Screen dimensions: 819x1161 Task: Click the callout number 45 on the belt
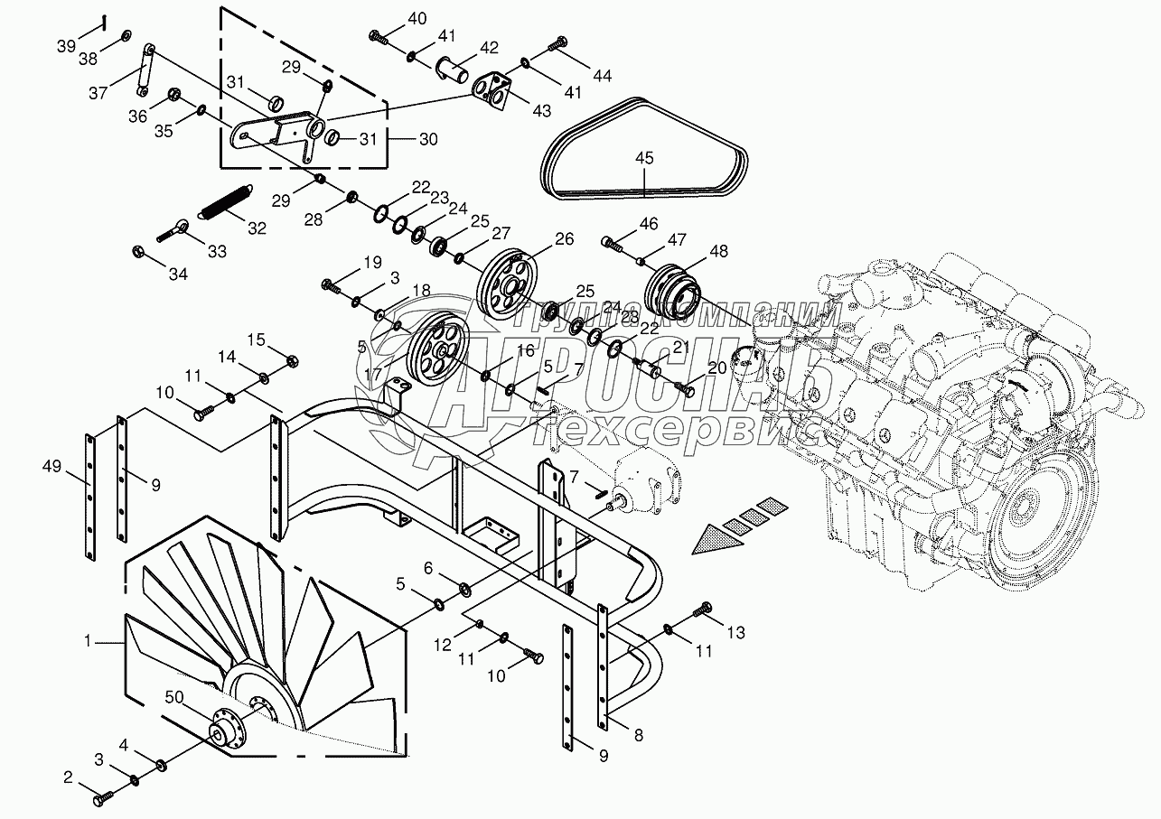(x=643, y=158)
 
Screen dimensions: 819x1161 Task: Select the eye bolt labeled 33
(x=176, y=230)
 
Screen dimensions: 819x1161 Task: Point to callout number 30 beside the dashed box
(x=428, y=140)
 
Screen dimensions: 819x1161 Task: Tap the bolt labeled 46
(x=614, y=243)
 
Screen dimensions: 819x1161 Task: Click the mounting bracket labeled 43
(x=492, y=91)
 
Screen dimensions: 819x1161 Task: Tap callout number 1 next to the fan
(x=89, y=640)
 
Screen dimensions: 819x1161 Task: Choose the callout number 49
(x=51, y=466)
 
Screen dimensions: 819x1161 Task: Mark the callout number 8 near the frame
(x=639, y=735)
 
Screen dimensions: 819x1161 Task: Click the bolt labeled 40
(x=379, y=38)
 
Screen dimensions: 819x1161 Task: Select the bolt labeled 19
(x=332, y=286)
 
